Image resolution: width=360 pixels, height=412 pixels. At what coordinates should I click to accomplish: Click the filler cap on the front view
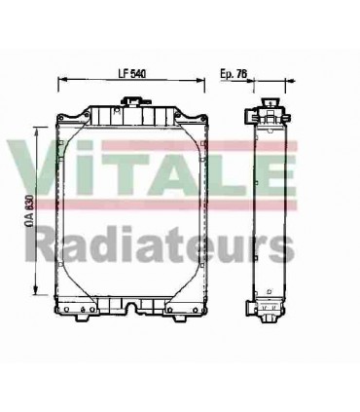[130, 101]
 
